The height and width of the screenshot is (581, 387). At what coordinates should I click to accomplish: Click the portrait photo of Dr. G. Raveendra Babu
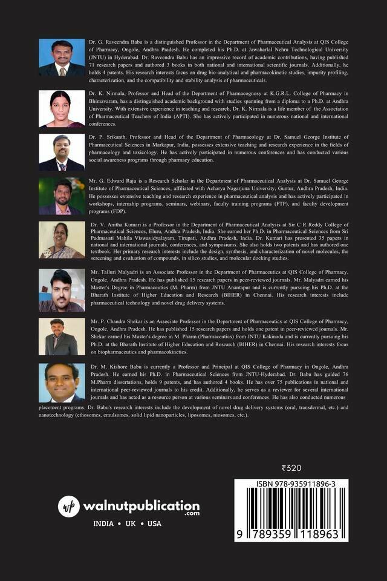62,57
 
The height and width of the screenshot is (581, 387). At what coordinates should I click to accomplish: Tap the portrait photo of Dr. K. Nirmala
62,109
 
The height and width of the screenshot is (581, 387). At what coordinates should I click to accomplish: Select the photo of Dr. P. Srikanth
62,153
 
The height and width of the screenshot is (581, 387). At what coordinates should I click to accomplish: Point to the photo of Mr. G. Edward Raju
62,196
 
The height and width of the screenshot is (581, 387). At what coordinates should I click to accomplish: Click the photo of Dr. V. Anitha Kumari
62,240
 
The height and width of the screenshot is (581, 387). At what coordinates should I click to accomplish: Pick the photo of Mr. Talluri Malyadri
62,290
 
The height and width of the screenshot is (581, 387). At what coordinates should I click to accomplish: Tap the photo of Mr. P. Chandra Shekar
62,336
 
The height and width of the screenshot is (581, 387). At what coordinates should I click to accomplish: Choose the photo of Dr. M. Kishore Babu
62,382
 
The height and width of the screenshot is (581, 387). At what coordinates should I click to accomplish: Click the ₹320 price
292,468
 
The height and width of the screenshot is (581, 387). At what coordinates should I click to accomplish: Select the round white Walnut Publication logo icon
69,507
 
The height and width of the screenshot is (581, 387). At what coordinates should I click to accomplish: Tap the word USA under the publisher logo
154,524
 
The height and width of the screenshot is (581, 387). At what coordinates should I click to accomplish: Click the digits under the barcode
291,535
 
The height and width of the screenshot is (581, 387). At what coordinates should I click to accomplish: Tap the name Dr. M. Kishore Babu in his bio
122,366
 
